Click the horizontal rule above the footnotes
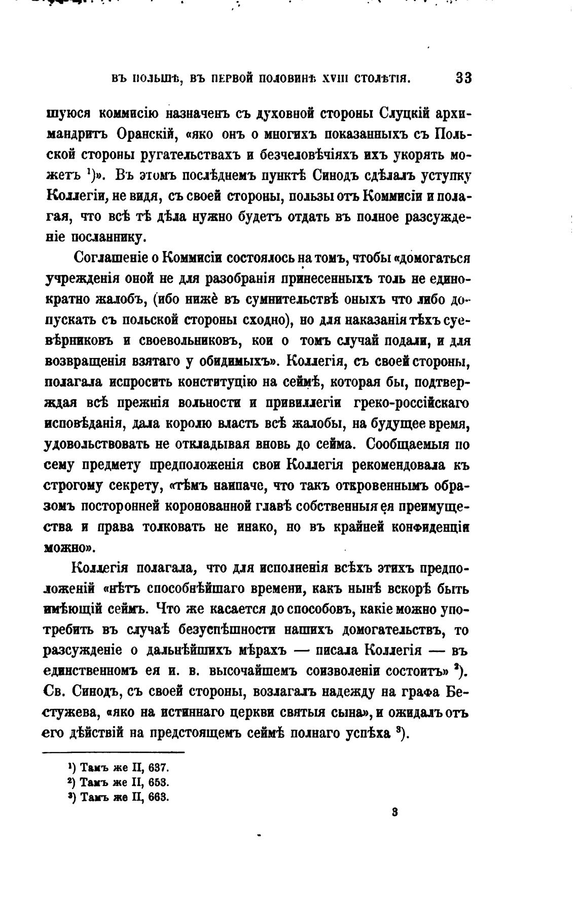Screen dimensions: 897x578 tap(114, 752)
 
